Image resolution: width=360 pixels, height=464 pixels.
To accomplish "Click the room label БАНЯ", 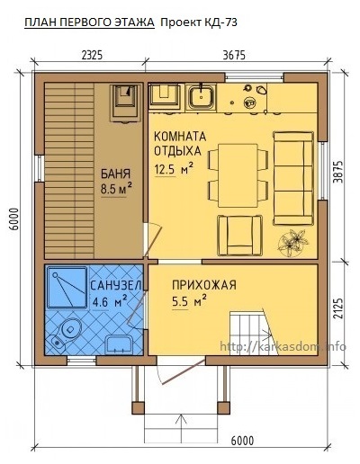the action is tap(115, 174).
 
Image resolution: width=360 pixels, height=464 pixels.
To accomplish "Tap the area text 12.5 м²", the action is tap(174, 169).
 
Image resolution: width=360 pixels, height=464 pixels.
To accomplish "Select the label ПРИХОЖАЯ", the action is tap(204, 285).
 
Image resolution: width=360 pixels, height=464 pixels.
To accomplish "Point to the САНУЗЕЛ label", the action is tap(115, 285).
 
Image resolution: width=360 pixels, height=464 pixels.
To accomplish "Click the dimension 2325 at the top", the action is tap(92, 55).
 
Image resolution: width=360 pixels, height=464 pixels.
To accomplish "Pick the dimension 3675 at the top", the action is tap(234, 55).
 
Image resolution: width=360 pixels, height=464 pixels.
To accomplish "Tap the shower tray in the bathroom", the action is tap(67, 288).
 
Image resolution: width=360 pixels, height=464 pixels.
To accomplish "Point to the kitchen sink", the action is tap(201, 97).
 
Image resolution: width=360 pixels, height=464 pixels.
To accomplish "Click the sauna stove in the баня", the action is tap(125, 103).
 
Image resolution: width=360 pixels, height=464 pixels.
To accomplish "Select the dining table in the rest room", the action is tap(238, 175).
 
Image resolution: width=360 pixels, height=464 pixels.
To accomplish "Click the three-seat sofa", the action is tap(293, 178).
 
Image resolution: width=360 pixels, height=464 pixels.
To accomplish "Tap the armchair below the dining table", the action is tap(240, 235).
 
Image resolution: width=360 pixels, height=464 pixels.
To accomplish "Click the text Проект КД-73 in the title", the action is tap(199, 22).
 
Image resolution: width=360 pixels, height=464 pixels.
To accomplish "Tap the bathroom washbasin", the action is tap(119, 344).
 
